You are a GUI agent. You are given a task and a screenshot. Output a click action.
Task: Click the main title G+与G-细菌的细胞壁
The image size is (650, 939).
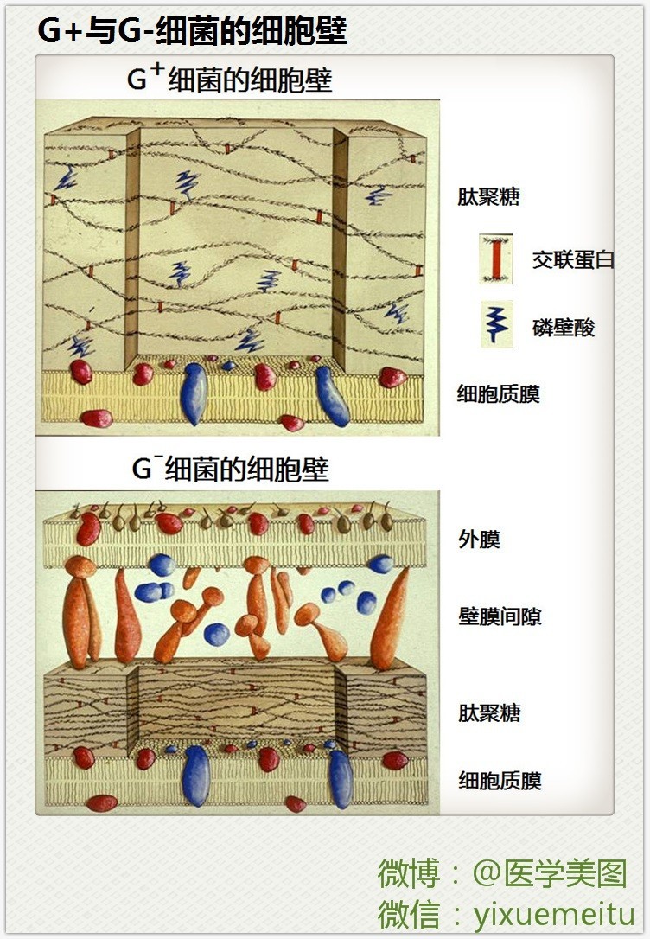pos(192,31)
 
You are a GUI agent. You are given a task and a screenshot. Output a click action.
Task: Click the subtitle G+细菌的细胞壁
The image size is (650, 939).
pos(229,80)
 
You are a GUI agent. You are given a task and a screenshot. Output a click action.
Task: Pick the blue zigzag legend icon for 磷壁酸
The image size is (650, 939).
pos(497,324)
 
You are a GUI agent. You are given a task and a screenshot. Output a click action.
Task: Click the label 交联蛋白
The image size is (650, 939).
pos(573,259)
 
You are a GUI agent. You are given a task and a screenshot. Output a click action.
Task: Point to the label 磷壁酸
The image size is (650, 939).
pos(564,328)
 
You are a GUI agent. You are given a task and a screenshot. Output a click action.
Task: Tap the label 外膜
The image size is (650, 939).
pos(479,540)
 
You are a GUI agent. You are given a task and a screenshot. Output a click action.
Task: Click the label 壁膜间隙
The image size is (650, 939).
pos(500,616)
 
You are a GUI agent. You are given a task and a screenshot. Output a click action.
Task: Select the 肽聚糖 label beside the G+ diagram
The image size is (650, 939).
pos(488,196)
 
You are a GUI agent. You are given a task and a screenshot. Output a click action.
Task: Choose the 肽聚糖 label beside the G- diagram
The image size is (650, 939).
pos(489,713)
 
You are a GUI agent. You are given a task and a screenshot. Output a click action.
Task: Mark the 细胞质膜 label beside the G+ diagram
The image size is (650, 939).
pos(499,394)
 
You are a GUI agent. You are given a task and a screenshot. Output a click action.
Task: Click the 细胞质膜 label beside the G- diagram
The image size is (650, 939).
pos(500,781)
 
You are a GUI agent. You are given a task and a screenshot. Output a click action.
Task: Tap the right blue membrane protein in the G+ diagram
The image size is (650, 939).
pos(331,396)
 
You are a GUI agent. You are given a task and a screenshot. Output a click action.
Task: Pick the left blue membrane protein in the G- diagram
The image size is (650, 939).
pos(197,774)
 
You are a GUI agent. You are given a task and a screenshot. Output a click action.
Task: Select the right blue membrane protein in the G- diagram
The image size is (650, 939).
pos(341,777)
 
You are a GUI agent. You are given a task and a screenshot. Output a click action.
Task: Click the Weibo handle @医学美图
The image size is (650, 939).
pos(549,873)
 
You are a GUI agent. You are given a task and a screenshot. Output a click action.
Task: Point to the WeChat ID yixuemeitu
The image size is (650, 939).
pos(554,913)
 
